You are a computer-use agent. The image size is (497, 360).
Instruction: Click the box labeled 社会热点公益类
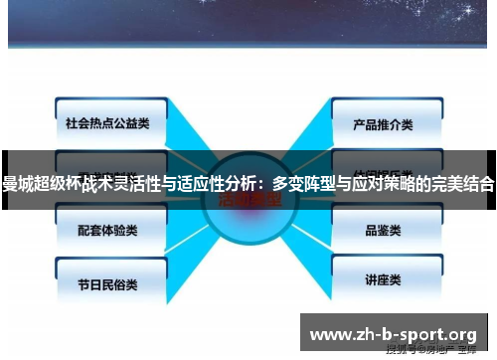[100, 124]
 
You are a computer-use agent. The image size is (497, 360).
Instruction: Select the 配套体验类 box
[100, 229]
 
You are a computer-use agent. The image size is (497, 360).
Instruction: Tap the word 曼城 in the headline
[18, 184]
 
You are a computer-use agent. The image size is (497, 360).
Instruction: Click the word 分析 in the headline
[242, 184]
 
